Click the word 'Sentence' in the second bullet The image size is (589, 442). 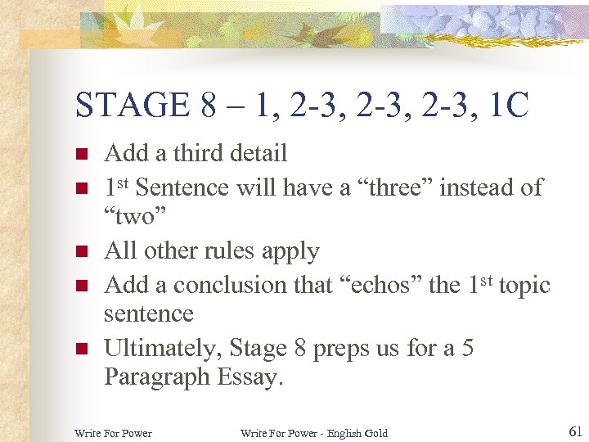pyautogui.click(x=182, y=187)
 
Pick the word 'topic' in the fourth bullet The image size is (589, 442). pyautogui.click(x=524, y=285)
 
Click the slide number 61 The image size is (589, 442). pyautogui.click(x=574, y=431)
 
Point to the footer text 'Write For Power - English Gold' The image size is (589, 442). pyautogui.click(x=314, y=433)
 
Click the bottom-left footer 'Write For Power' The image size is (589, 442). pyautogui.click(x=113, y=433)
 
